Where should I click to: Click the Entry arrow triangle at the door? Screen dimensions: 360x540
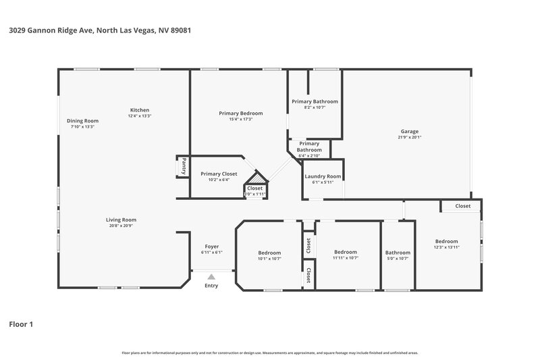click(211, 276)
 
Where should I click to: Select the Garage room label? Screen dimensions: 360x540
click(410, 131)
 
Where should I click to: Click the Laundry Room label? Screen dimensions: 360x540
click(323, 176)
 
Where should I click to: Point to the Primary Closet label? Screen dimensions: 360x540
click(219, 174)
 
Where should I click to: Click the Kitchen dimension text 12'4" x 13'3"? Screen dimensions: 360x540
click(140, 116)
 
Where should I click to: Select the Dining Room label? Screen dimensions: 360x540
click(82, 120)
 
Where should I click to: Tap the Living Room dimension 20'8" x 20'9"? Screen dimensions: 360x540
click(121, 226)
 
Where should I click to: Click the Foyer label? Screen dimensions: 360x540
click(211, 247)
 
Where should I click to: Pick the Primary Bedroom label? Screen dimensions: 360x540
click(240, 113)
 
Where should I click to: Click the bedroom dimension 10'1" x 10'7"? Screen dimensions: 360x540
click(269, 259)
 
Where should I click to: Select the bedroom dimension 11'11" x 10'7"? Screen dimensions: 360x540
click(345, 257)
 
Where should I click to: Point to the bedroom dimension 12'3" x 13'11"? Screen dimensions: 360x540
click(446, 247)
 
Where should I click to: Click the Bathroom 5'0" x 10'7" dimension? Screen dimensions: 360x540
click(398, 258)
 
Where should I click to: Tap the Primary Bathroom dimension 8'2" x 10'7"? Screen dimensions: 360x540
click(315, 107)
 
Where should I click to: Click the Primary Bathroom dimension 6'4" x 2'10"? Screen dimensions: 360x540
click(309, 155)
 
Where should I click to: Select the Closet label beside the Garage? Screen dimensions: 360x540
click(462, 206)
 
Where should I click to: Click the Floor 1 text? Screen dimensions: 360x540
click(21, 324)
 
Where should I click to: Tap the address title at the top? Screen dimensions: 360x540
click(99, 31)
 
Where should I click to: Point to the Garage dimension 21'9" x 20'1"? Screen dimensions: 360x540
click(410, 137)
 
